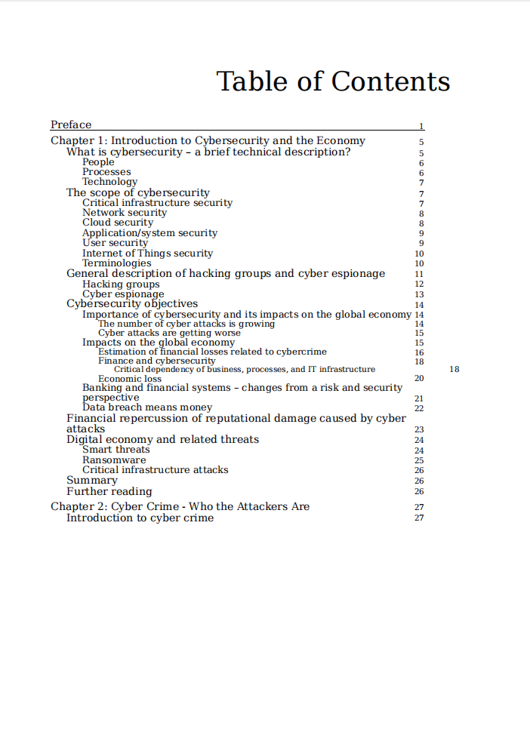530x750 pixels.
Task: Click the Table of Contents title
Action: pos(333,81)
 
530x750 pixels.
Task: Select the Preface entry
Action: pos(71,125)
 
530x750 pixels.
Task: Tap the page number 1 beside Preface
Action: pos(421,127)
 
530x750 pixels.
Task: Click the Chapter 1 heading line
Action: pos(208,141)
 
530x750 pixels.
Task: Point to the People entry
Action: pos(98,162)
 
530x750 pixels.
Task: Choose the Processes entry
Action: pos(106,172)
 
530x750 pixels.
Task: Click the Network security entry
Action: pos(125,213)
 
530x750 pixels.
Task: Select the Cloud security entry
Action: pos(118,223)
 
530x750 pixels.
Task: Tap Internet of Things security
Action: pos(147,254)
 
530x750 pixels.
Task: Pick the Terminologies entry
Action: pos(116,263)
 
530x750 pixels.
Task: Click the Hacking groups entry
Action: pos(121,284)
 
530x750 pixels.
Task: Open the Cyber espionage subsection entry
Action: pos(123,294)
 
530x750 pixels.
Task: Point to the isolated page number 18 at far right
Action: pos(454,370)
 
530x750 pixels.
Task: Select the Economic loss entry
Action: pos(130,379)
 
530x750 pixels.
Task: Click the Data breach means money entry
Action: pos(147,407)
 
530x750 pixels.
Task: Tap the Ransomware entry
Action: pos(114,460)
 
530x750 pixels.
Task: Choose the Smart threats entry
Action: pos(116,450)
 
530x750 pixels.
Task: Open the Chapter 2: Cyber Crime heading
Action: pos(180,506)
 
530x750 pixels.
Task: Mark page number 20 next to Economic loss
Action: pos(420,379)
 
